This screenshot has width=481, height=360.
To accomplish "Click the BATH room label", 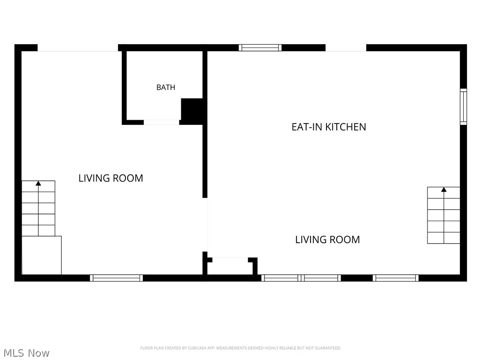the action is pos(166,87).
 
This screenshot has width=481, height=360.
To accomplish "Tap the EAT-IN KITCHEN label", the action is pos(328,127).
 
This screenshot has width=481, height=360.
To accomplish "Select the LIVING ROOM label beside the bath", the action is pos(111,178).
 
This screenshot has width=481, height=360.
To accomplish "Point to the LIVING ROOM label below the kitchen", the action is pos(327,239).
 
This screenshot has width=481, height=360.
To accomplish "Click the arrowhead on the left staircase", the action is pos(39,184).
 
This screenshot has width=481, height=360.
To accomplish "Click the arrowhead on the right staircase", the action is pos(443,190).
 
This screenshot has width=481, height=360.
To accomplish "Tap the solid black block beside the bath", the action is pos(192,110).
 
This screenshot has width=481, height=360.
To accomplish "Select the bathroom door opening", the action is pos(162,123).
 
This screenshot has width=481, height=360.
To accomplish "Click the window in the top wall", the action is pos(260,47).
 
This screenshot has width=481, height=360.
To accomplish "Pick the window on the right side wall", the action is pos(463,107).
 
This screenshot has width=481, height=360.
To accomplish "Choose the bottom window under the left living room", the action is pos(116,278).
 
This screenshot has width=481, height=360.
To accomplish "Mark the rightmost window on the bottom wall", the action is pos(396,278).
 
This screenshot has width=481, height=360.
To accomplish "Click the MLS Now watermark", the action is pos(26,353).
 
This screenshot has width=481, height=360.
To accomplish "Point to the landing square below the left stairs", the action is pos(41,255).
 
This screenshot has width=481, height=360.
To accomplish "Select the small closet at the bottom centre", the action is pos(230,266).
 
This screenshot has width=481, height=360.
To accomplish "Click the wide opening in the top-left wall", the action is pos(78,48).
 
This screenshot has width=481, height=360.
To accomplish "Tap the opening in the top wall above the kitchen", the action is pos(346,48).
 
